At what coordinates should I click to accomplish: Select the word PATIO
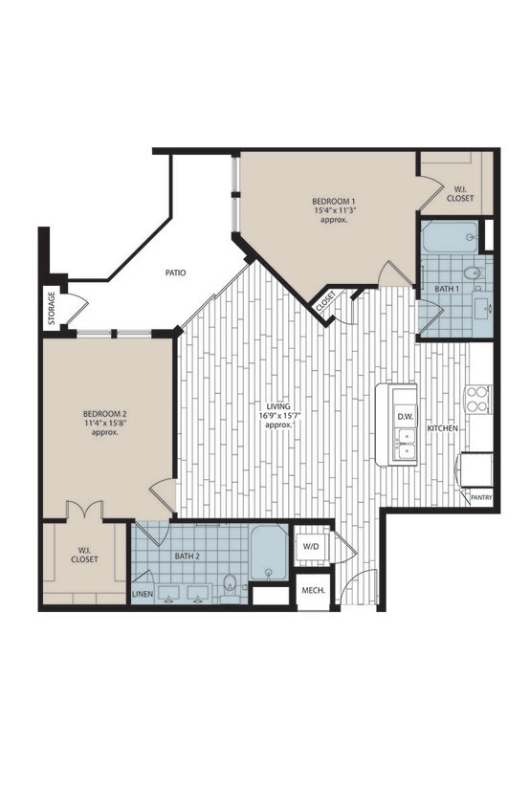tap(174, 273)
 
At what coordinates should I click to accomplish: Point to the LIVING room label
tap(276, 406)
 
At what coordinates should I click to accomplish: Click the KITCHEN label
tap(443, 429)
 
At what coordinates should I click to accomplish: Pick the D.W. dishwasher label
tap(404, 417)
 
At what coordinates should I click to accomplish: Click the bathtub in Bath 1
tap(451, 235)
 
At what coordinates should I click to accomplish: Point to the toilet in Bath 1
tap(474, 274)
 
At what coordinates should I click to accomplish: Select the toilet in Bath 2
tap(230, 583)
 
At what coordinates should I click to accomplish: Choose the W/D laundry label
tap(311, 547)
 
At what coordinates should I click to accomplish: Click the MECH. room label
tap(313, 591)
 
